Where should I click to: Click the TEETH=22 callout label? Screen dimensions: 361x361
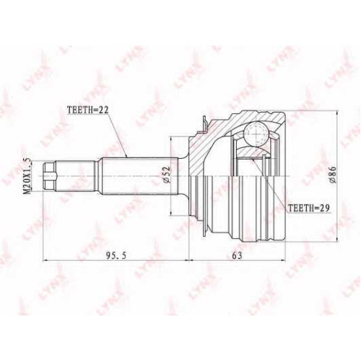(x=88, y=110)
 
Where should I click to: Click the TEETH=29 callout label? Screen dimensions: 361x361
(x=309, y=208)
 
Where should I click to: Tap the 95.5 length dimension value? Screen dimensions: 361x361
(x=116, y=256)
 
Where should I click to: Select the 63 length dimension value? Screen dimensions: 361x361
(x=238, y=256)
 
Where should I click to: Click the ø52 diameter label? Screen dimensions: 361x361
(x=167, y=175)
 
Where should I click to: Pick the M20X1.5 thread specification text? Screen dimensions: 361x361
(x=28, y=176)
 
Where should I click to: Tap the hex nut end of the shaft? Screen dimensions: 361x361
(x=49, y=176)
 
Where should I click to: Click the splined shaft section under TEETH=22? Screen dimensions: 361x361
(x=139, y=176)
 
